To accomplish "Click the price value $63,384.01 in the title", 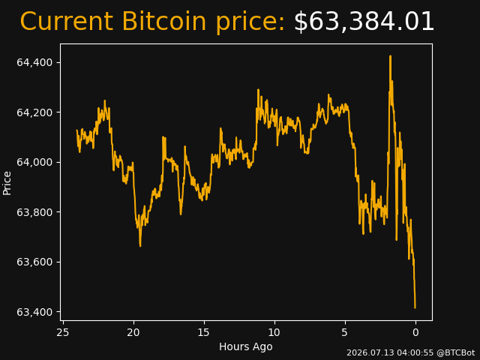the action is [x=364, y=22].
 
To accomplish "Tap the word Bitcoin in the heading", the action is [x=164, y=21].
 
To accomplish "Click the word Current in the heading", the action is [x=68, y=22].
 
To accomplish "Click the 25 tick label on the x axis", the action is [x=63, y=332].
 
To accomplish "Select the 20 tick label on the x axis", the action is [x=133, y=332].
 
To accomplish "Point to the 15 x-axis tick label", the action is [x=204, y=332].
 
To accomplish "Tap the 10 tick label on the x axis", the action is [x=274, y=332].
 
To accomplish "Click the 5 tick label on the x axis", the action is [x=345, y=332].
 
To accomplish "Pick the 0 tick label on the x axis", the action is [x=415, y=332].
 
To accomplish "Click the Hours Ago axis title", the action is [x=246, y=346].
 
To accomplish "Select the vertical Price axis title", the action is [x=7, y=183].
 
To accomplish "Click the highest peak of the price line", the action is [x=390, y=56].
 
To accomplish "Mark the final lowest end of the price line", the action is [x=415, y=308].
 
